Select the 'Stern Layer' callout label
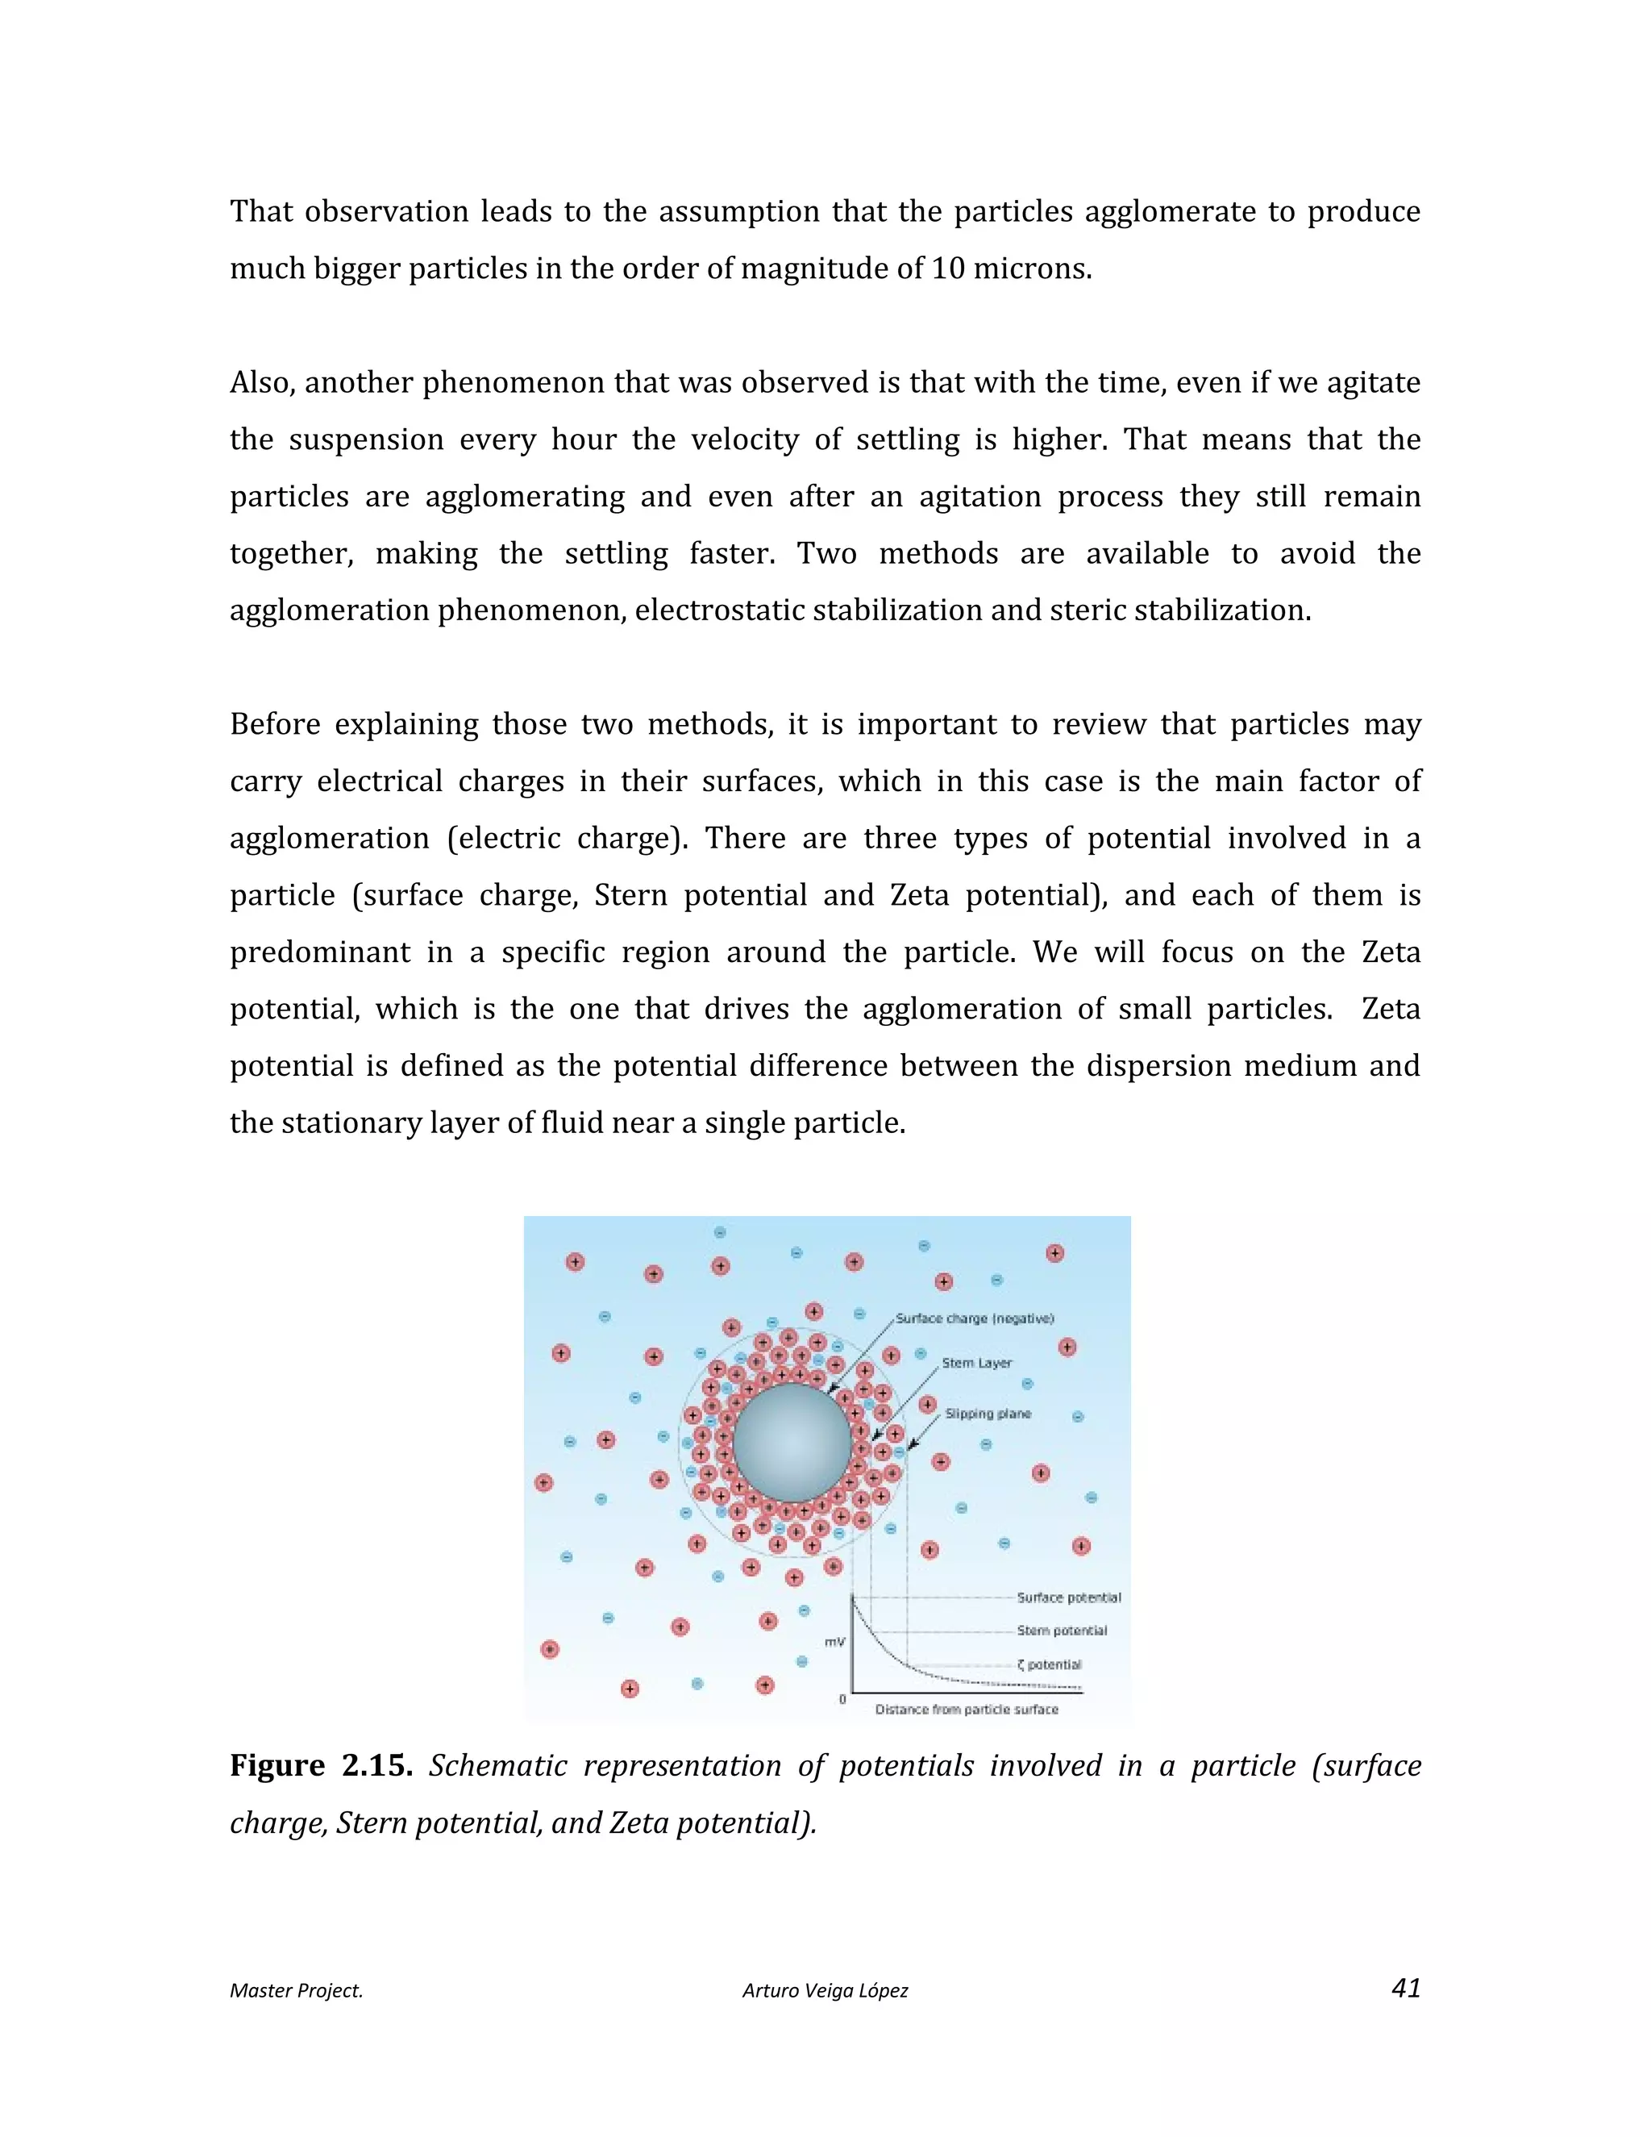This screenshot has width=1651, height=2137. (977, 1363)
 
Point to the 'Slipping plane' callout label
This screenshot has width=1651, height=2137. (988, 1413)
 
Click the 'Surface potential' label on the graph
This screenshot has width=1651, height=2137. (1069, 1597)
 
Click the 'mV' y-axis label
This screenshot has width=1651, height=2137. (834, 1641)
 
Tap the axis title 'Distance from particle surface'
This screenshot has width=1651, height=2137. (967, 1710)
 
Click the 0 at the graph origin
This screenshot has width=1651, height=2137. (842, 1700)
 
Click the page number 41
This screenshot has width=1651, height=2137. (1405, 1989)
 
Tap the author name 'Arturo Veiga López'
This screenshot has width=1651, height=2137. (825, 1990)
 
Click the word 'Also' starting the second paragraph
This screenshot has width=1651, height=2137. (260, 382)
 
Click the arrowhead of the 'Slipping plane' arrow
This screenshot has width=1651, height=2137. (911, 1448)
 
